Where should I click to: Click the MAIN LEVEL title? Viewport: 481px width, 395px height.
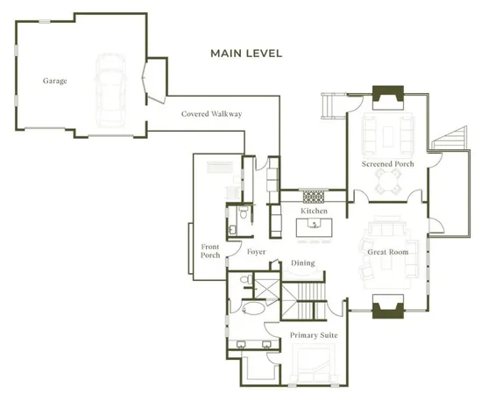pyautogui.click(x=246, y=54)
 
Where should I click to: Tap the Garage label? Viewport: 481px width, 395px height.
pyautogui.click(x=55, y=81)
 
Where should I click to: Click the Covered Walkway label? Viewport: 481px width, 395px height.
pyautogui.click(x=211, y=114)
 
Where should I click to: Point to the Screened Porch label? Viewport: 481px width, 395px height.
pyautogui.click(x=386, y=164)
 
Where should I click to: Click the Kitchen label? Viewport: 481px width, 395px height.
pyautogui.click(x=314, y=212)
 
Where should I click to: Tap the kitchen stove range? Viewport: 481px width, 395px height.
pyautogui.click(x=315, y=197)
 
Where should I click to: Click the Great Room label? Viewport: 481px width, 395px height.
pyautogui.click(x=387, y=252)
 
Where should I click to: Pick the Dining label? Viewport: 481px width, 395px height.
pyautogui.click(x=303, y=263)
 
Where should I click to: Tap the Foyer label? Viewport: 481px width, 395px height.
pyautogui.click(x=256, y=252)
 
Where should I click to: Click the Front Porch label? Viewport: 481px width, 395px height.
pyautogui.click(x=210, y=250)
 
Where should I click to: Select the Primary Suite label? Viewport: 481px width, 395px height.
pyautogui.click(x=314, y=335)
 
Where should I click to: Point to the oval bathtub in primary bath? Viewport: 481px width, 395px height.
pyautogui.click(x=252, y=310)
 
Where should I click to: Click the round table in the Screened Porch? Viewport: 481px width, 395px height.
pyautogui.click(x=386, y=183)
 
